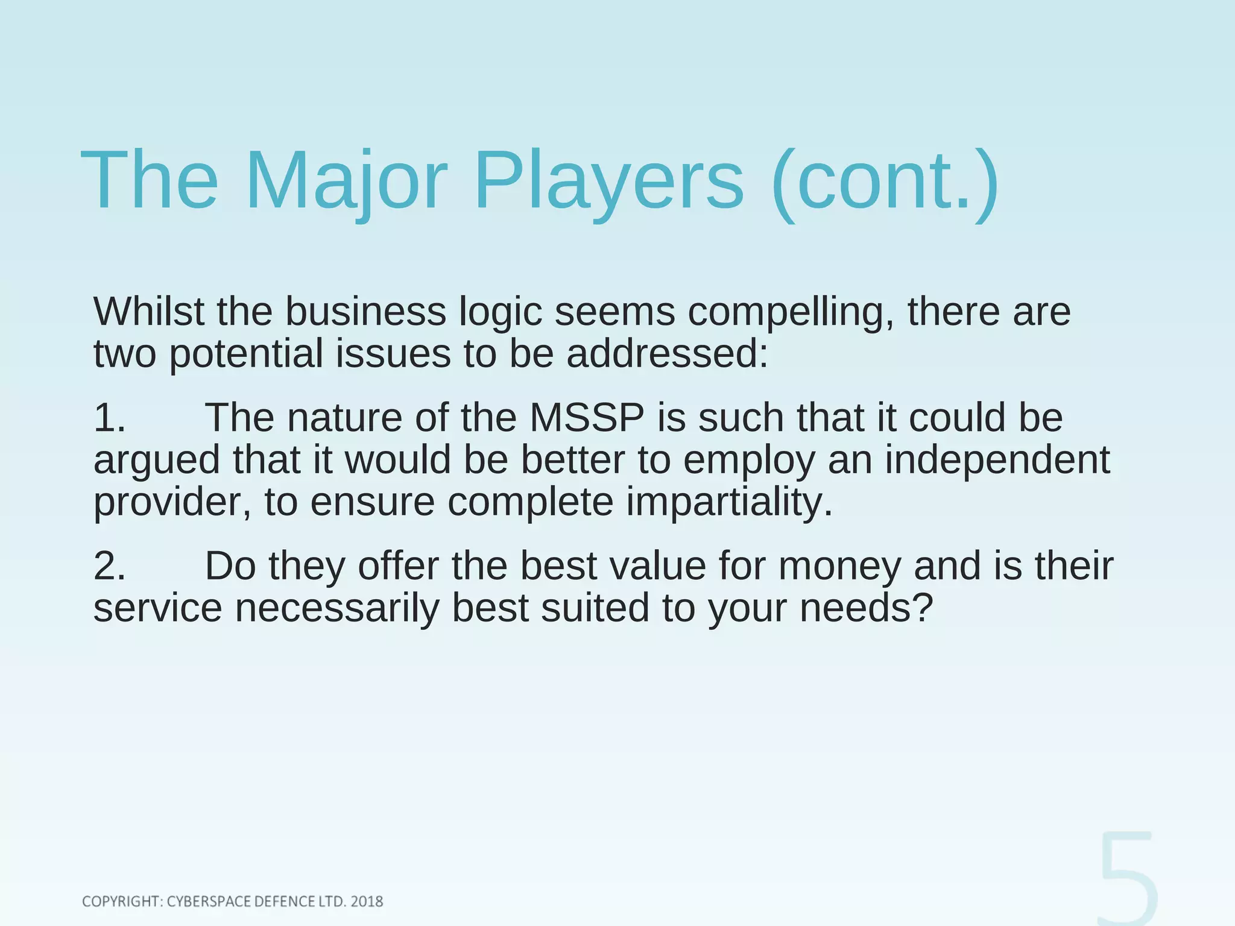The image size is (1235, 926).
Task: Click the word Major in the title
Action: coord(346,181)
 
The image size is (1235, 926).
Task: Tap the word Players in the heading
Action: coord(609,181)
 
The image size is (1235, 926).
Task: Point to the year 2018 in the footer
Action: coord(367,901)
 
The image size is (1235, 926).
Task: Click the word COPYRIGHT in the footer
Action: coord(121,901)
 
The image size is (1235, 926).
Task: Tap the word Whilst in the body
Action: coord(149,312)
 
